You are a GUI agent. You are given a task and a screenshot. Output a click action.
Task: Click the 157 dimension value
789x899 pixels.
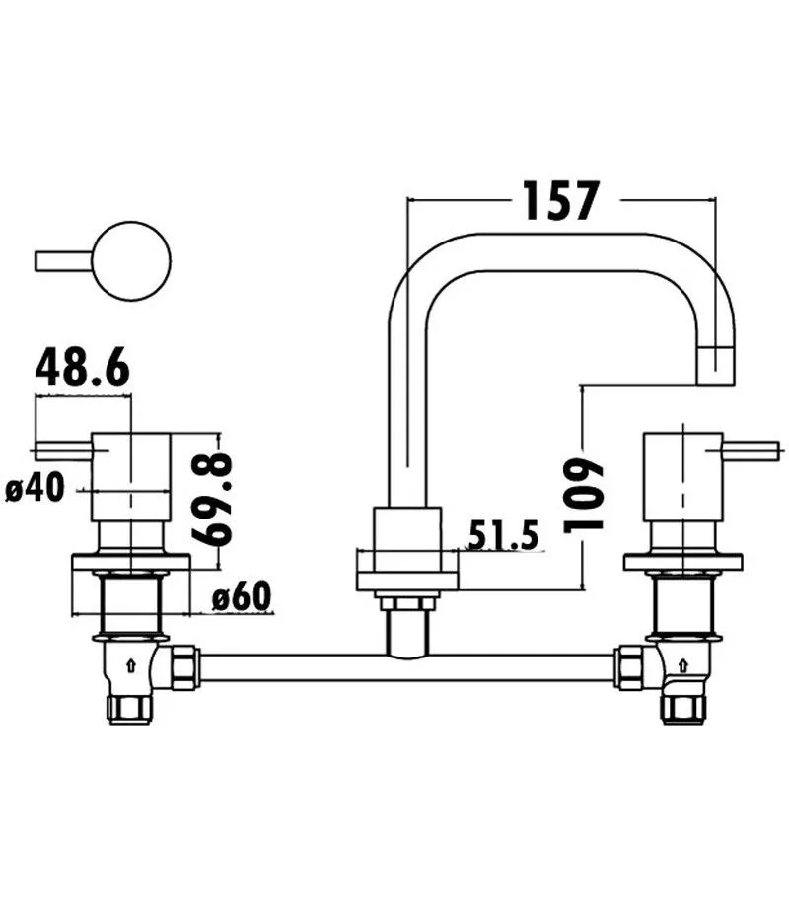561,201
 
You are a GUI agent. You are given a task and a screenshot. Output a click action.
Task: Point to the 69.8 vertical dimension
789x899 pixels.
213,500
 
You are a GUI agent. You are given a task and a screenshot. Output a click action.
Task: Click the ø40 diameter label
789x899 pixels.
35,489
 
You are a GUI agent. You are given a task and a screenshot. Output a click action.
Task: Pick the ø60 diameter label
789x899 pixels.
241,596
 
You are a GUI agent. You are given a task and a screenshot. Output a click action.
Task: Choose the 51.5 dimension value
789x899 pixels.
504,536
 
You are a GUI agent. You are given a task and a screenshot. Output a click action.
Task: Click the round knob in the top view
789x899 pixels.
131,261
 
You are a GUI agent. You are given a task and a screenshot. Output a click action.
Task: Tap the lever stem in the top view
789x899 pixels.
64,261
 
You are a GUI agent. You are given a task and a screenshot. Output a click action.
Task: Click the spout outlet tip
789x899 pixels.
716,366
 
